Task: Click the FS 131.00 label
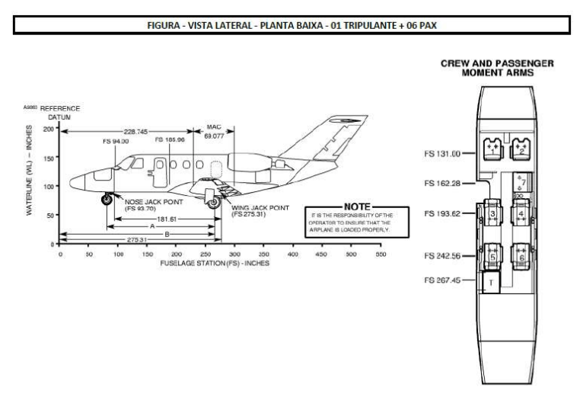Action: [441, 153]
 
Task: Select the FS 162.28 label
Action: [441, 183]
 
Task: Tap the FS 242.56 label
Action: [441, 255]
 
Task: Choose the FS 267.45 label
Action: [441, 280]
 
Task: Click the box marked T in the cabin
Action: [491, 282]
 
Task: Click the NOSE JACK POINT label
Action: [149, 203]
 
